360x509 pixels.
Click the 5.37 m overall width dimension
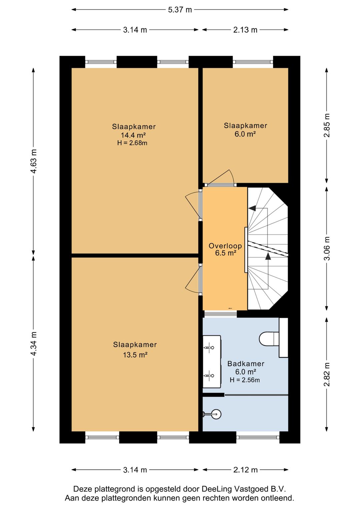(180, 10)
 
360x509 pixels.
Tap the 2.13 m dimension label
(245, 30)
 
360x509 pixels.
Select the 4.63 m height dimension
(34, 161)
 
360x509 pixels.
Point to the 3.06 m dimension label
(327, 248)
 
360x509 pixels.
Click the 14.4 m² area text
(133, 135)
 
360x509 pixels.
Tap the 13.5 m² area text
(135, 355)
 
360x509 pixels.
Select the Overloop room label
(225, 245)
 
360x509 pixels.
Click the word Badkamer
(246, 364)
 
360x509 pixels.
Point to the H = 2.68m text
(132, 143)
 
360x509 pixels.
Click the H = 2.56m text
(245, 380)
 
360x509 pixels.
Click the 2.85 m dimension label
(327, 125)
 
